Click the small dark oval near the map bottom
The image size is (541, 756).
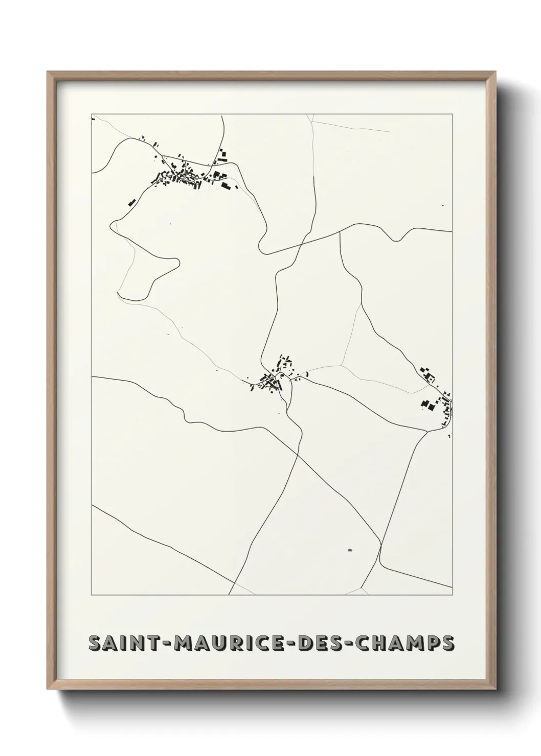[350, 550]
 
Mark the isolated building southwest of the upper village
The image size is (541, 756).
[131, 202]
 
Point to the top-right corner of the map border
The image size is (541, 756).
[453, 115]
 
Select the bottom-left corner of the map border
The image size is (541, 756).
[92, 595]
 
